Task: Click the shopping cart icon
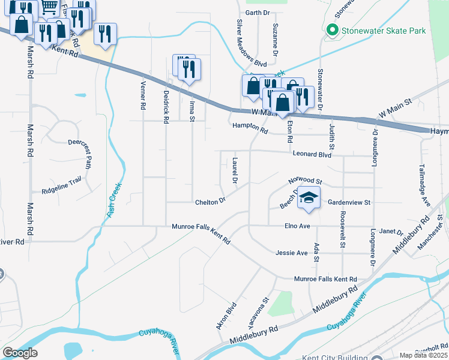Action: (x=49, y=6)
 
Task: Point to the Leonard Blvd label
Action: (x=312, y=154)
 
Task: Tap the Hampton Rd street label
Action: (x=249, y=128)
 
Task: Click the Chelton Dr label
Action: (x=210, y=202)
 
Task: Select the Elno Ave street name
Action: (x=297, y=226)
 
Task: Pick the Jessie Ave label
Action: (x=292, y=253)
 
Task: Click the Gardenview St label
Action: (x=351, y=203)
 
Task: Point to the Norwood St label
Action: (x=305, y=181)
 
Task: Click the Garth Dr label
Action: (x=258, y=13)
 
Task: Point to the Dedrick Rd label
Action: (x=166, y=107)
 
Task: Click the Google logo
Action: (x=20, y=353)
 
